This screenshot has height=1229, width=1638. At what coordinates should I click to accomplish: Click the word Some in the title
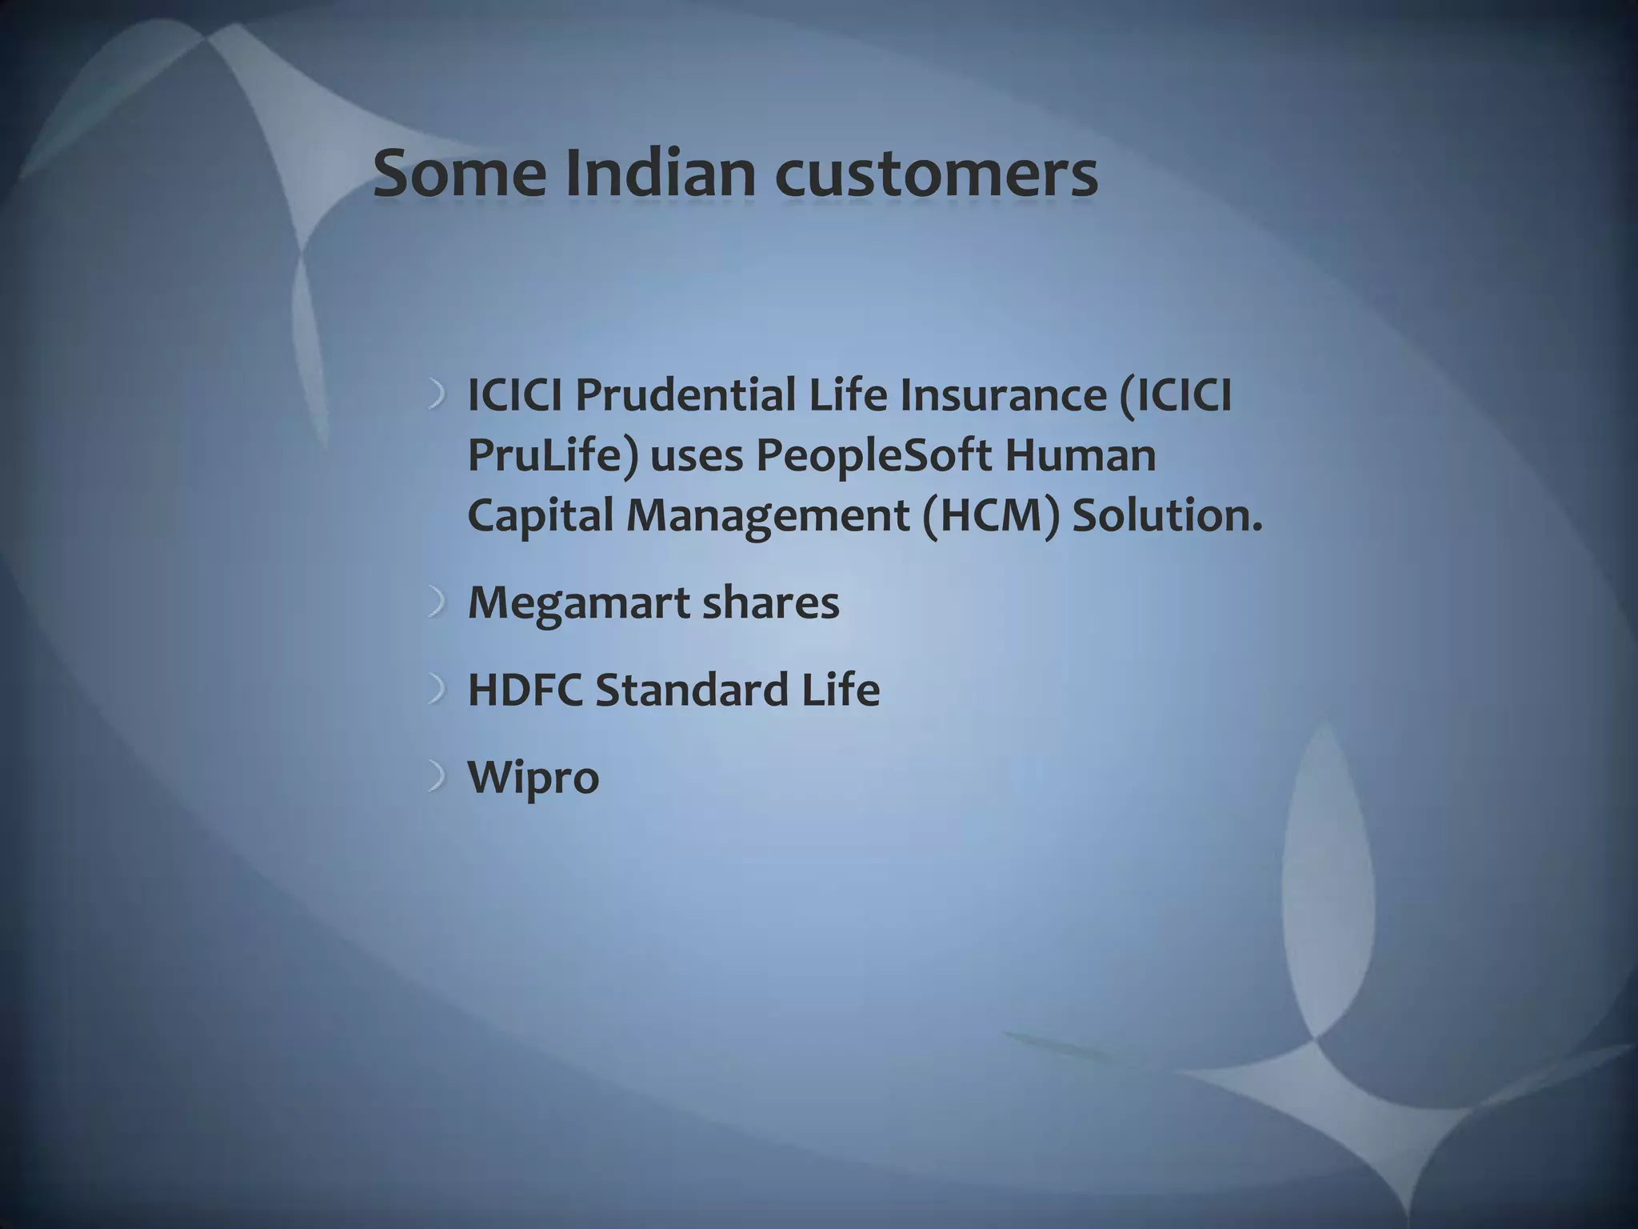click(x=460, y=174)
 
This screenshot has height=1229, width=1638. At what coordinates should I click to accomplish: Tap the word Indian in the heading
click(x=660, y=174)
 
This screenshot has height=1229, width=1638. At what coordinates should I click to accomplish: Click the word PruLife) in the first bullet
click(x=553, y=456)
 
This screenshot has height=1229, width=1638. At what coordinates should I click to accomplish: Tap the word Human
click(x=1080, y=455)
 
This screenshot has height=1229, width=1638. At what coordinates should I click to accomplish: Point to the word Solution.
click(x=1166, y=515)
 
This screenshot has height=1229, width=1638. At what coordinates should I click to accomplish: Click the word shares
click(x=770, y=602)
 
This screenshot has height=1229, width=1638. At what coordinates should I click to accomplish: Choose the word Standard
click(x=692, y=690)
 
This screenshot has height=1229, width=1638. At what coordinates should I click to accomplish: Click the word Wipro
click(x=533, y=778)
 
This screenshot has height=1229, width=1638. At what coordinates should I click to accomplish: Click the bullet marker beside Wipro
click(x=436, y=777)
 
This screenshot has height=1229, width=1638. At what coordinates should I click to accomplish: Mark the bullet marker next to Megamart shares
click(x=436, y=602)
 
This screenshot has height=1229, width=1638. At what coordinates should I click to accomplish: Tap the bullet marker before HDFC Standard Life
click(x=436, y=690)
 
